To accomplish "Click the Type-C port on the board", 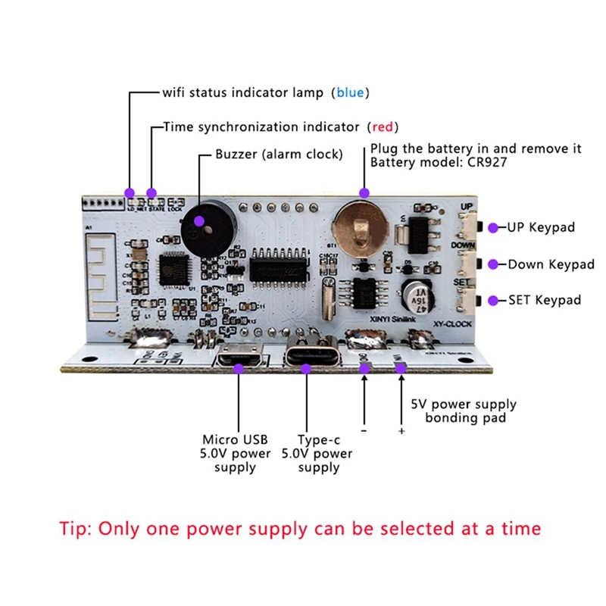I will coord(307,355).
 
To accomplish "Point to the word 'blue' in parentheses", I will coord(350,92).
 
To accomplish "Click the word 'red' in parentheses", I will coord(383,127).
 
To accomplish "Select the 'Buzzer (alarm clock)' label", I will coord(279,154).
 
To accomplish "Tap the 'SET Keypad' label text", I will coord(545,300).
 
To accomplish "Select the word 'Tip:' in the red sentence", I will coord(77,528).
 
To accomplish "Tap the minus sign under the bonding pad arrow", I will coord(364,431).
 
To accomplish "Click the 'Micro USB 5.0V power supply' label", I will coord(236,453).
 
